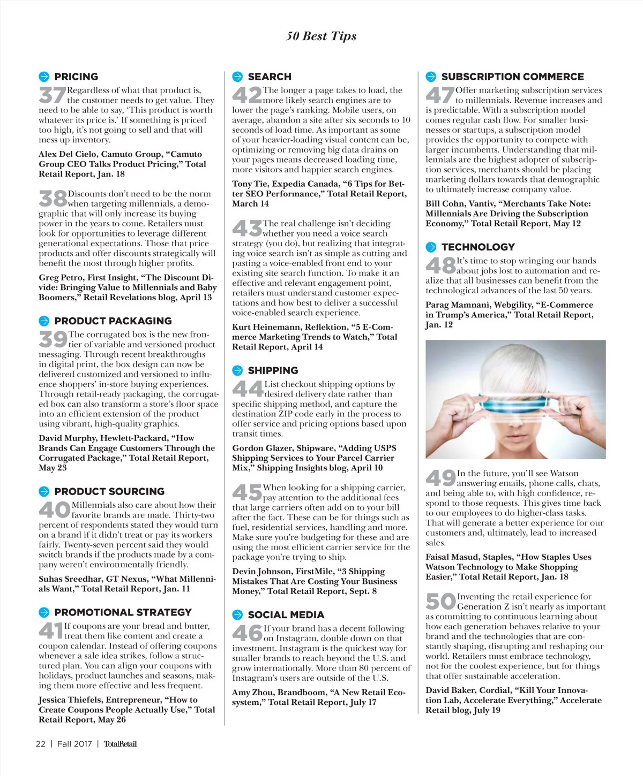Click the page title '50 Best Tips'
(321, 36)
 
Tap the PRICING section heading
(76, 77)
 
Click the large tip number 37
(52, 95)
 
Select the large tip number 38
(53, 199)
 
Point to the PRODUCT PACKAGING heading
(113, 321)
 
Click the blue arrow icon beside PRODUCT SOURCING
(44, 491)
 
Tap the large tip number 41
(51, 631)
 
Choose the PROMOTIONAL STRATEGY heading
(123, 612)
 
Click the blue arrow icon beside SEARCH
(237, 77)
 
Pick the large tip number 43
(246, 229)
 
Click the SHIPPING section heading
(273, 370)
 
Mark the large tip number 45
(246, 492)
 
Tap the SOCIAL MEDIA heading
(286, 615)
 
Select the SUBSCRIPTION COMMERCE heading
(512, 77)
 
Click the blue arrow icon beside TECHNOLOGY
(431, 247)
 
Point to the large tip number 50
(440, 602)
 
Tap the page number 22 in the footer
(41, 744)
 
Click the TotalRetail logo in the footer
(120, 744)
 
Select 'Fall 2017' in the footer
(74, 744)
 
